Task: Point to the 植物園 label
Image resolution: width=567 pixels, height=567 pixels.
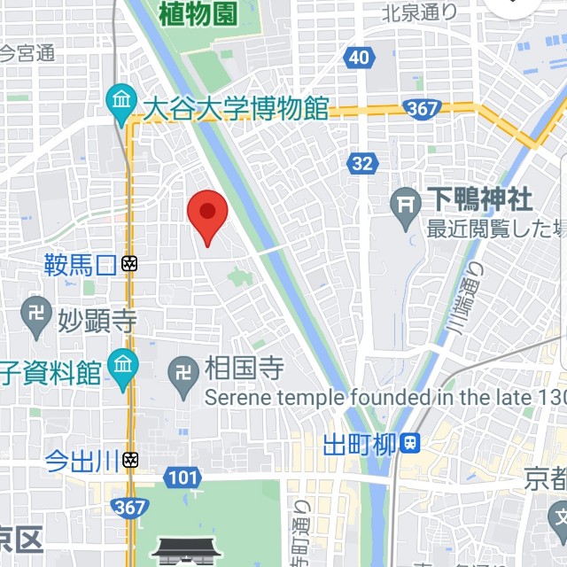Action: tap(200, 14)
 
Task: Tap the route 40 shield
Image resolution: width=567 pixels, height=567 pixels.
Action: tap(358, 58)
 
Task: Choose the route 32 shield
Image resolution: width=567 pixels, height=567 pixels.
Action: tap(361, 164)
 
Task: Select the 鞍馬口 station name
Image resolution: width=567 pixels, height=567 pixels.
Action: tap(81, 263)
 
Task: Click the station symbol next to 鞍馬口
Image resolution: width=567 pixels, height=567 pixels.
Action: tap(129, 263)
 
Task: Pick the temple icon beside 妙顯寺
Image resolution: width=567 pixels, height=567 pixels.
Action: tap(35, 317)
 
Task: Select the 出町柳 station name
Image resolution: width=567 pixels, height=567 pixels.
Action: tap(359, 443)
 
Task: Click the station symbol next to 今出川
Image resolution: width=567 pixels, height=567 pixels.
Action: tap(130, 459)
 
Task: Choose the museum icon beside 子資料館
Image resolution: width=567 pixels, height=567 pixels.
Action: tap(122, 363)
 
